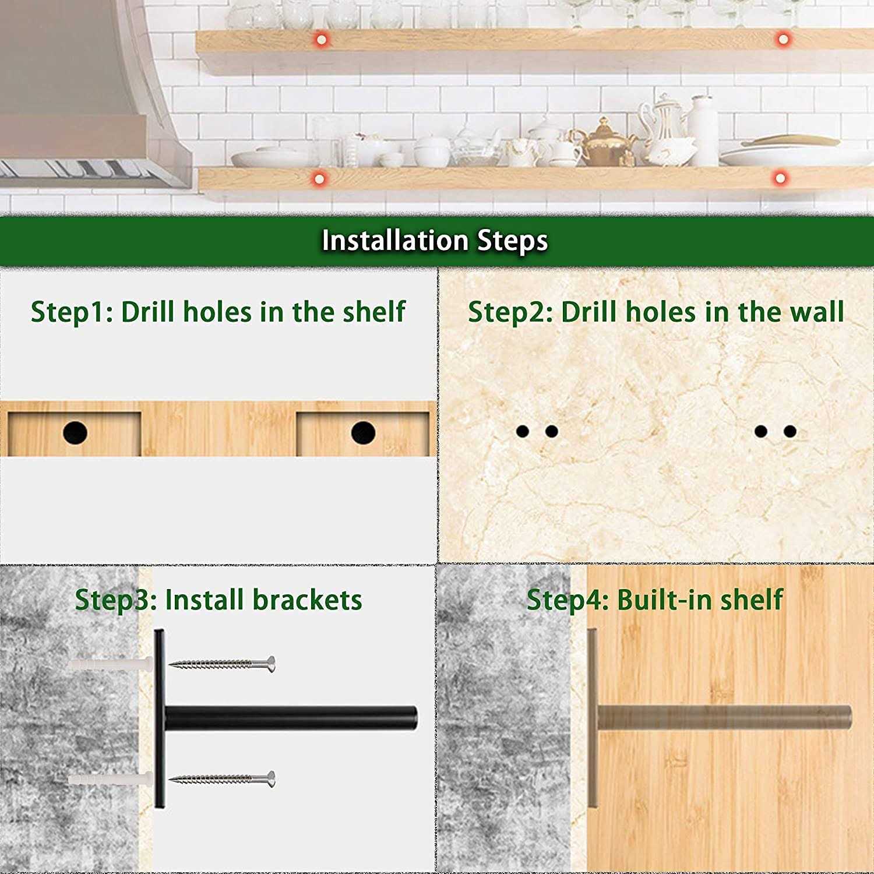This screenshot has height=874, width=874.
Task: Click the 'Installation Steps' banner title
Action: tap(435, 241)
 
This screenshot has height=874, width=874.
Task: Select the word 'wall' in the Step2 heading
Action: tap(816, 312)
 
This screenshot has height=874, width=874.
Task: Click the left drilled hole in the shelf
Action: tap(75, 433)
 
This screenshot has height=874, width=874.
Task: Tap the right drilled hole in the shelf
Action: tap(363, 433)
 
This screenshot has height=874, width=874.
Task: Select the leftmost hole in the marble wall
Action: tap(523, 431)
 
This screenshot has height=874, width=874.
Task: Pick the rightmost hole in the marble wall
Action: tap(790, 431)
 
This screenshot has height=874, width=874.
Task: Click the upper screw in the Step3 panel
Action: tap(222, 664)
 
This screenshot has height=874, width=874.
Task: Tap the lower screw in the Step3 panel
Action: tap(222, 778)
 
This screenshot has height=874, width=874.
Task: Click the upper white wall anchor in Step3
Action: tap(110, 664)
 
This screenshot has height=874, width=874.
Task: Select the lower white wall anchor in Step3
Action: tap(110, 779)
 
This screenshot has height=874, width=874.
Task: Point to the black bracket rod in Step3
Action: tap(291, 718)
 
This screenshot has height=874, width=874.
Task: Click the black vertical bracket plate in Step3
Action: tap(159, 718)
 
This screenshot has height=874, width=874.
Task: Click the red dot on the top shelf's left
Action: tap(321, 40)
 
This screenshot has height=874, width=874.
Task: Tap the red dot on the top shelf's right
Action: tap(783, 39)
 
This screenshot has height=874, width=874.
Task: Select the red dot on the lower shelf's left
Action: tap(319, 178)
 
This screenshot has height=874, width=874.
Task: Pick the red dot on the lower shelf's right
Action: tap(780, 177)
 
